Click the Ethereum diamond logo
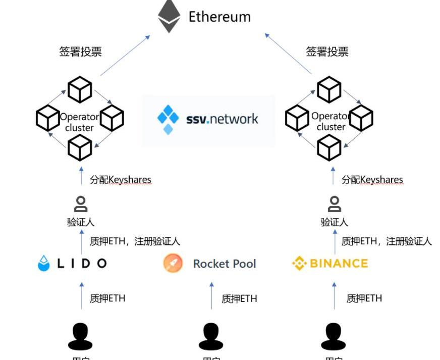click(x=169, y=16)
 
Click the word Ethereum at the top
click(x=219, y=17)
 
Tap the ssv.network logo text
click(x=222, y=119)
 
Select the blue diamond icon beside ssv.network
click(x=168, y=119)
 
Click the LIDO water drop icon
click(x=44, y=264)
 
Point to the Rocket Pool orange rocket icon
click(x=173, y=264)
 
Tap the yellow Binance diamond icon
click(x=300, y=264)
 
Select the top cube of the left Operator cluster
click(x=80, y=89)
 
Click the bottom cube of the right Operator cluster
click(x=329, y=148)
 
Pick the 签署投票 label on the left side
click(x=80, y=52)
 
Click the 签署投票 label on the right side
click(x=327, y=52)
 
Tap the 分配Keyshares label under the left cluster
click(x=121, y=180)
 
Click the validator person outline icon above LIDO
click(x=80, y=204)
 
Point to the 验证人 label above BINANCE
click(x=334, y=222)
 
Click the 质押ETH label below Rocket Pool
click(x=239, y=299)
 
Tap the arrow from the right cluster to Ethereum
click(x=288, y=54)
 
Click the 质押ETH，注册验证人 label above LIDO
click(x=135, y=241)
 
